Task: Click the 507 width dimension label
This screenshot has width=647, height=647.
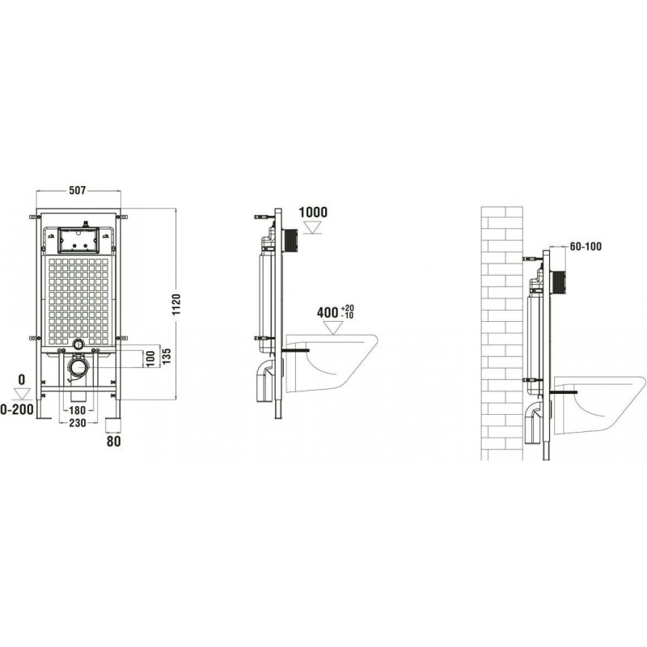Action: [77, 190]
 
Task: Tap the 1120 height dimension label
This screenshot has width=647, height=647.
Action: [176, 305]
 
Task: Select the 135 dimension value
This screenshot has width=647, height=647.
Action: [166, 356]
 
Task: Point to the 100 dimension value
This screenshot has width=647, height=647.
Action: [150, 358]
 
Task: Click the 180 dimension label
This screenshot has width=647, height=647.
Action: [77, 410]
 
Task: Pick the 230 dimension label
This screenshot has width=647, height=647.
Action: [78, 422]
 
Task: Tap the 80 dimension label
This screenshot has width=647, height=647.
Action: [113, 441]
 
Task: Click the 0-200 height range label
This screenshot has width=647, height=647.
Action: [17, 410]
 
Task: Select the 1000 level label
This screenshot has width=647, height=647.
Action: [313, 212]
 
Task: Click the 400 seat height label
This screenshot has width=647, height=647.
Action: [328, 312]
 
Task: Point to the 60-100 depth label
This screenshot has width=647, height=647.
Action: [586, 247]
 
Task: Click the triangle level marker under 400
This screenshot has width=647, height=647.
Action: [333, 328]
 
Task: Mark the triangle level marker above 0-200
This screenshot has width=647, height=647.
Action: [23, 394]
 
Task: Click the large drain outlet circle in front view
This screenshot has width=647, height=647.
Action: [78, 366]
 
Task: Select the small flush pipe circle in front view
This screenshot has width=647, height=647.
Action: [78, 344]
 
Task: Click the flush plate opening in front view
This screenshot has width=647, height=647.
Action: [78, 240]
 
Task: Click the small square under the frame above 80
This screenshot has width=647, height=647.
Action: [113, 425]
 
